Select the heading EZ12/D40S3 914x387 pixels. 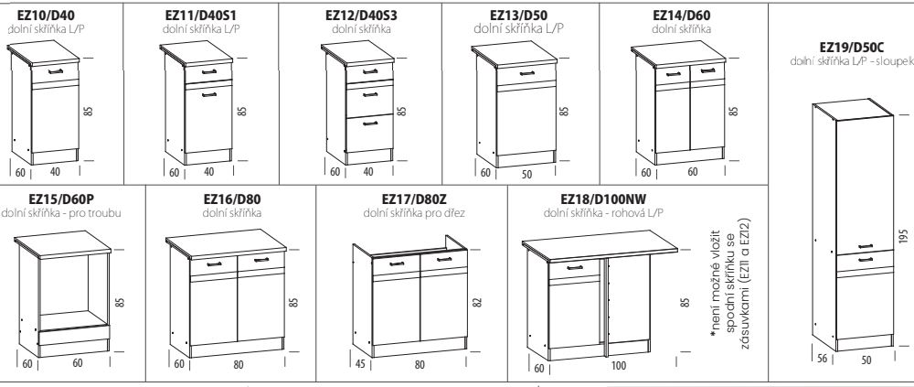tap(361, 16)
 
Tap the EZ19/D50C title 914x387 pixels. tap(852, 48)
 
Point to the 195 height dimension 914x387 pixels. tap(904, 237)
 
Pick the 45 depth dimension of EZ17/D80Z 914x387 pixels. tap(361, 364)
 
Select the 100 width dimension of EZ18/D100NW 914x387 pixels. tap(619, 366)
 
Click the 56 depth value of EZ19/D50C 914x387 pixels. tap(822, 359)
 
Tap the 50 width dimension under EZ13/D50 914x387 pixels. tap(526, 174)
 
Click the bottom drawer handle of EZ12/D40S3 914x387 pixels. tap(369, 124)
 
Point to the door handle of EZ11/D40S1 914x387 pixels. tap(208, 94)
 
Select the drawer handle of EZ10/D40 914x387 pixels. tap(56, 71)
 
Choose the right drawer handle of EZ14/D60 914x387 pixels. tap(708, 71)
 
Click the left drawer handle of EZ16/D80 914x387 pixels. tap(214, 264)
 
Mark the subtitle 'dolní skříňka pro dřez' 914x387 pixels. tap(414, 213)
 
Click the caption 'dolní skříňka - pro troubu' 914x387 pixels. tap(61, 213)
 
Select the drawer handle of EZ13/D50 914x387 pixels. tap(526, 73)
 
